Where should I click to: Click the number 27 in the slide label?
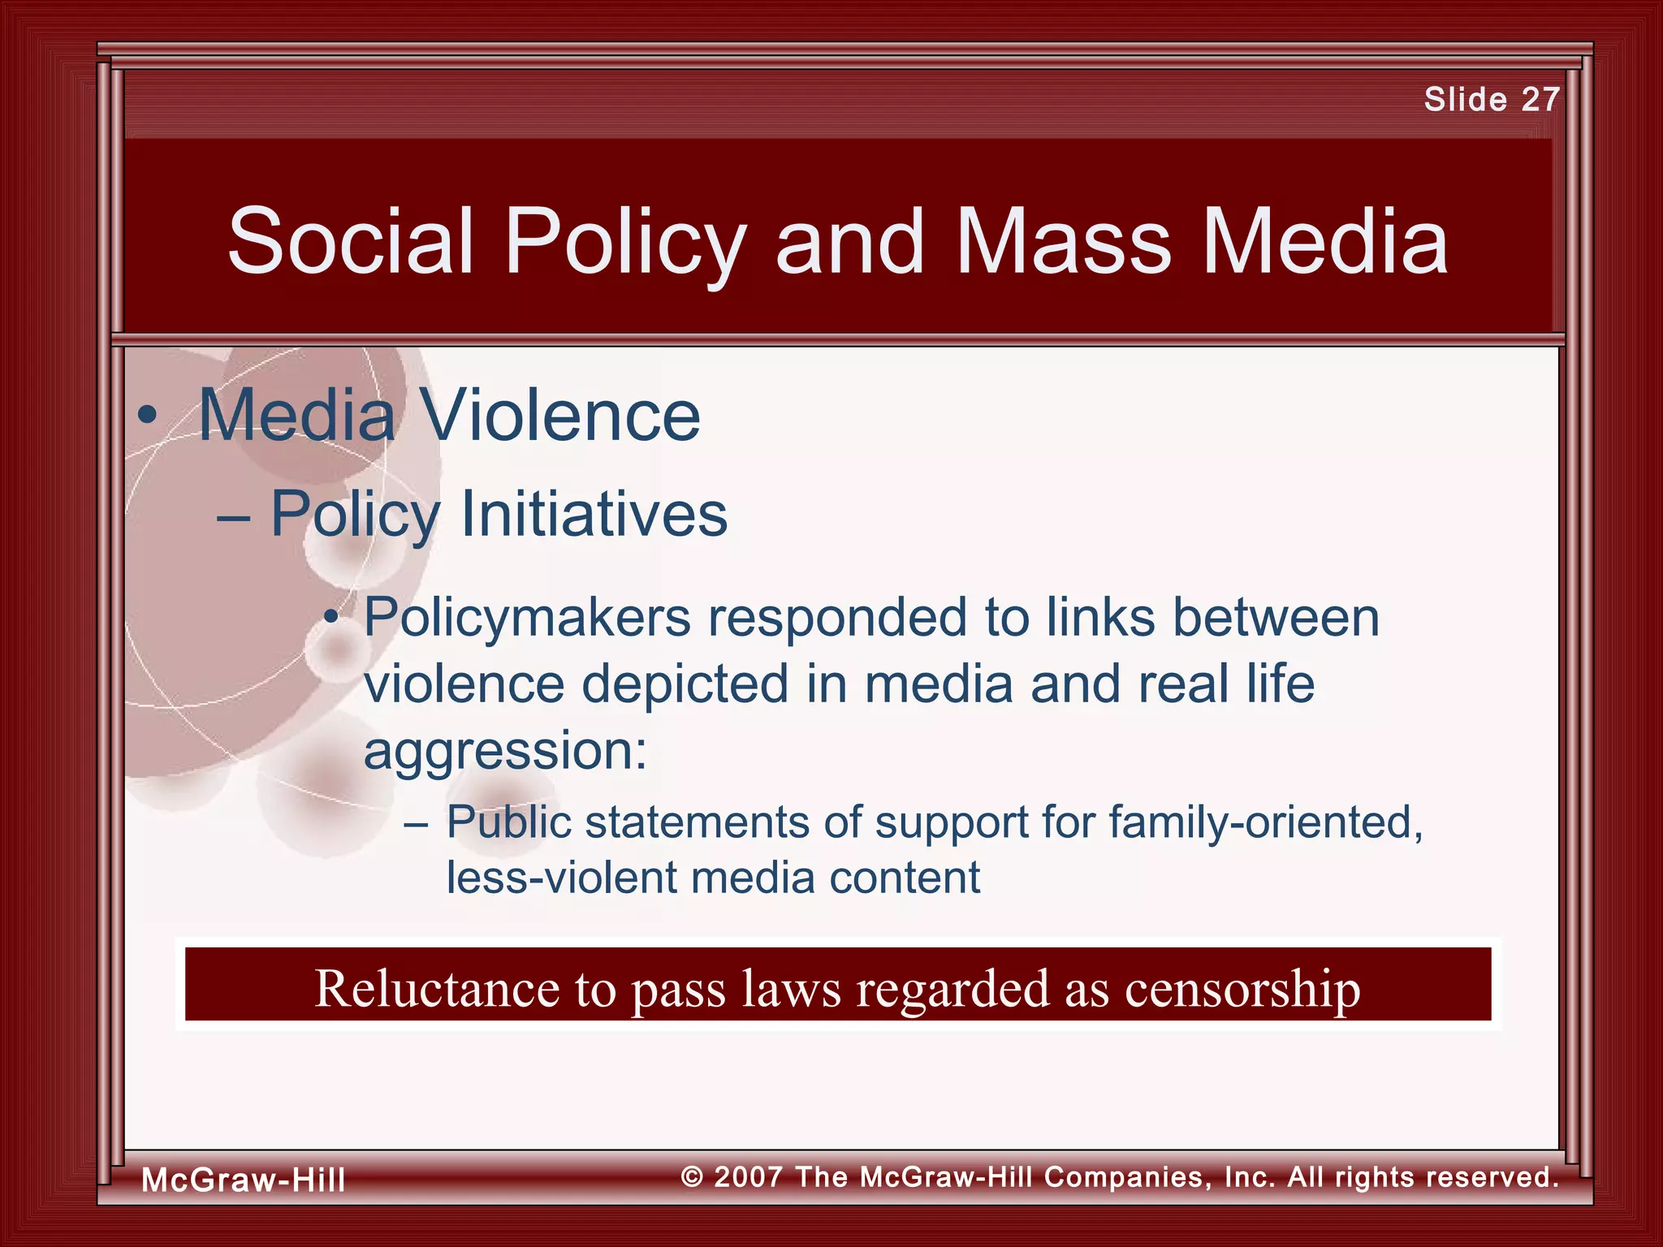(x=1540, y=100)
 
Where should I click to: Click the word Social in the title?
(x=350, y=241)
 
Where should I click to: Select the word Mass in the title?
(x=1063, y=241)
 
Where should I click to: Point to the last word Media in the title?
(x=1325, y=241)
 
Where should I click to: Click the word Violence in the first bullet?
(x=561, y=415)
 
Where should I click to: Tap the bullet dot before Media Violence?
(x=147, y=416)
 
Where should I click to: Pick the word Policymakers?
(x=527, y=619)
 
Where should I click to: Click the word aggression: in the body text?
(x=505, y=751)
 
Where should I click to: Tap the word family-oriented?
(x=1266, y=822)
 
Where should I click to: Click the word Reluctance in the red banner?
(x=438, y=988)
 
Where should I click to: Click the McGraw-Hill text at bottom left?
(x=244, y=1180)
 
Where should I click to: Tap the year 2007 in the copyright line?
(x=748, y=1176)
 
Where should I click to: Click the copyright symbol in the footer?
(x=692, y=1176)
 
